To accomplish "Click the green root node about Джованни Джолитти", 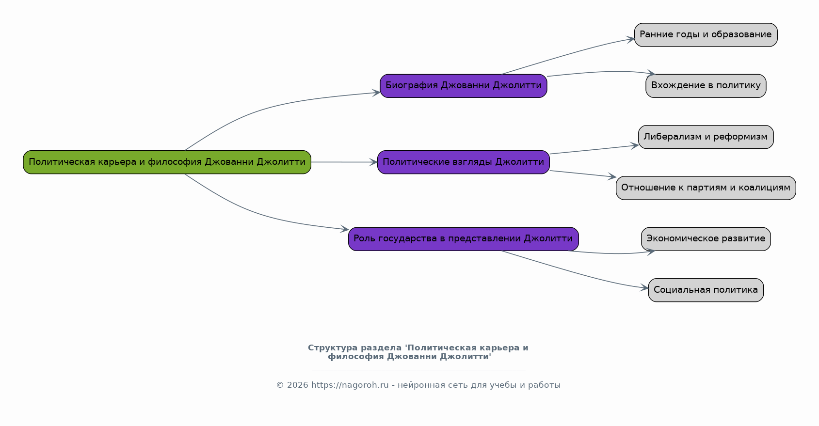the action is click(x=167, y=162).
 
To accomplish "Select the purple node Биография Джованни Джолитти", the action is click(x=463, y=86).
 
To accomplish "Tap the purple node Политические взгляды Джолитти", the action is click(x=463, y=162).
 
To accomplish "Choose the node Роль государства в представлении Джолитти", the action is click(x=463, y=239).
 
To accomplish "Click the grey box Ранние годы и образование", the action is click(x=706, y=35).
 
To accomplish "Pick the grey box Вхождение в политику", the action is click(x=706, y=86).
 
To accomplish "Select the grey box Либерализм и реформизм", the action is click(x=706, y=137).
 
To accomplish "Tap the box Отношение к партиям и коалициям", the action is click(x=706, y=188).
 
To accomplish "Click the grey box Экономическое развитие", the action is click(x=706, y=239).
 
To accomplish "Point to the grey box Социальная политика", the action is click(x=706, y=290).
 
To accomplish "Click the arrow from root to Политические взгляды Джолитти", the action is click(x=344, y=162).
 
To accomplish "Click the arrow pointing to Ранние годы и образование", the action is click(x=568, y=54).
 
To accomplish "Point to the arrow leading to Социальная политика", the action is click(x=574, y=272).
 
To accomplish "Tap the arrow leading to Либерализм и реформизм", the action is click(x=594, y=149).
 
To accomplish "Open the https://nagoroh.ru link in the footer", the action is click(x=350, y=385).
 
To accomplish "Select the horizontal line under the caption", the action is click(x=418, y=370).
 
